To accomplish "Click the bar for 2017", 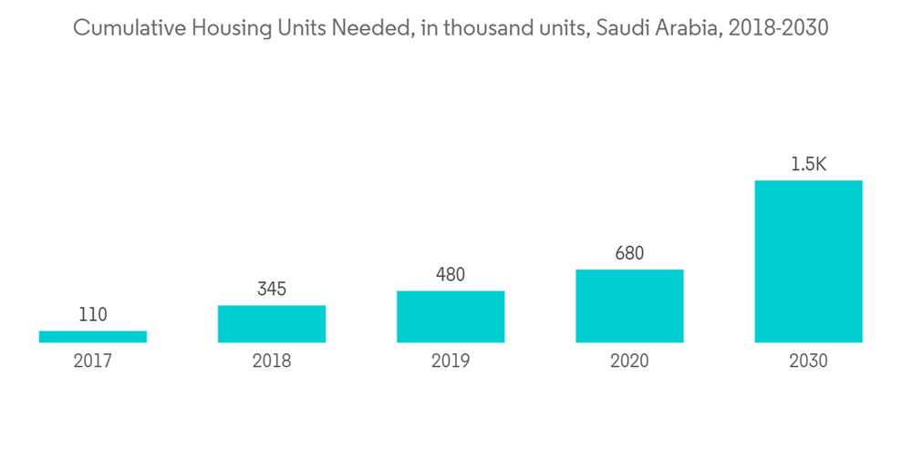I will [x=93, y=336].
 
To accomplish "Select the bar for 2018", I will [x=272, y=323].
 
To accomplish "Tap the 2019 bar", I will [x=451, y=317].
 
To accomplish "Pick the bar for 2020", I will [x=629, y=306].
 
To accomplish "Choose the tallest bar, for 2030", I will [x=808, y=261].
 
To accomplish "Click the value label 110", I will [x=93, y=315].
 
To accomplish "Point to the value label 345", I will [x=272, y=290].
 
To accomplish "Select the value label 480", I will [x=451, y=275].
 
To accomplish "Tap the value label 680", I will [x=629, y=253].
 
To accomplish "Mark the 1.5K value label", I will [x=808, y=165].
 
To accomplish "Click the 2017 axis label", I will [x=93, y=362].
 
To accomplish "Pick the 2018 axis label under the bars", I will [x=272, y=362].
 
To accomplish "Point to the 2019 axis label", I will [x=451, y=362].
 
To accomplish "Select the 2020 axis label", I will [x=629, y=362].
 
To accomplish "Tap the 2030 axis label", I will [x=808, y=362].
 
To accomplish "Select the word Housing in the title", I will [x=214, y=28].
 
